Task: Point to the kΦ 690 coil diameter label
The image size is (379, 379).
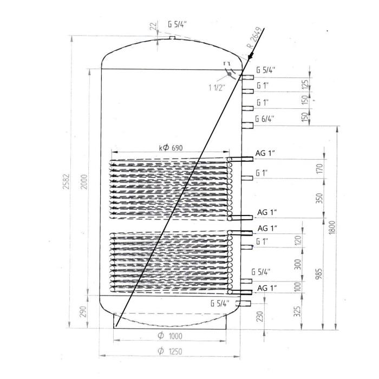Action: click(x=171, y=147)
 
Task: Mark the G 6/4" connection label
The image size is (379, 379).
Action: click(x=265, y=119)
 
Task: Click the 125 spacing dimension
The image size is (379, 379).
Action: click(x=305, y=84)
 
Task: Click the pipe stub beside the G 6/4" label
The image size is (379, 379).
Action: click(x=247, y=126)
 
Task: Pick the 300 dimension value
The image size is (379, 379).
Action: click(x=297, y=264)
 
